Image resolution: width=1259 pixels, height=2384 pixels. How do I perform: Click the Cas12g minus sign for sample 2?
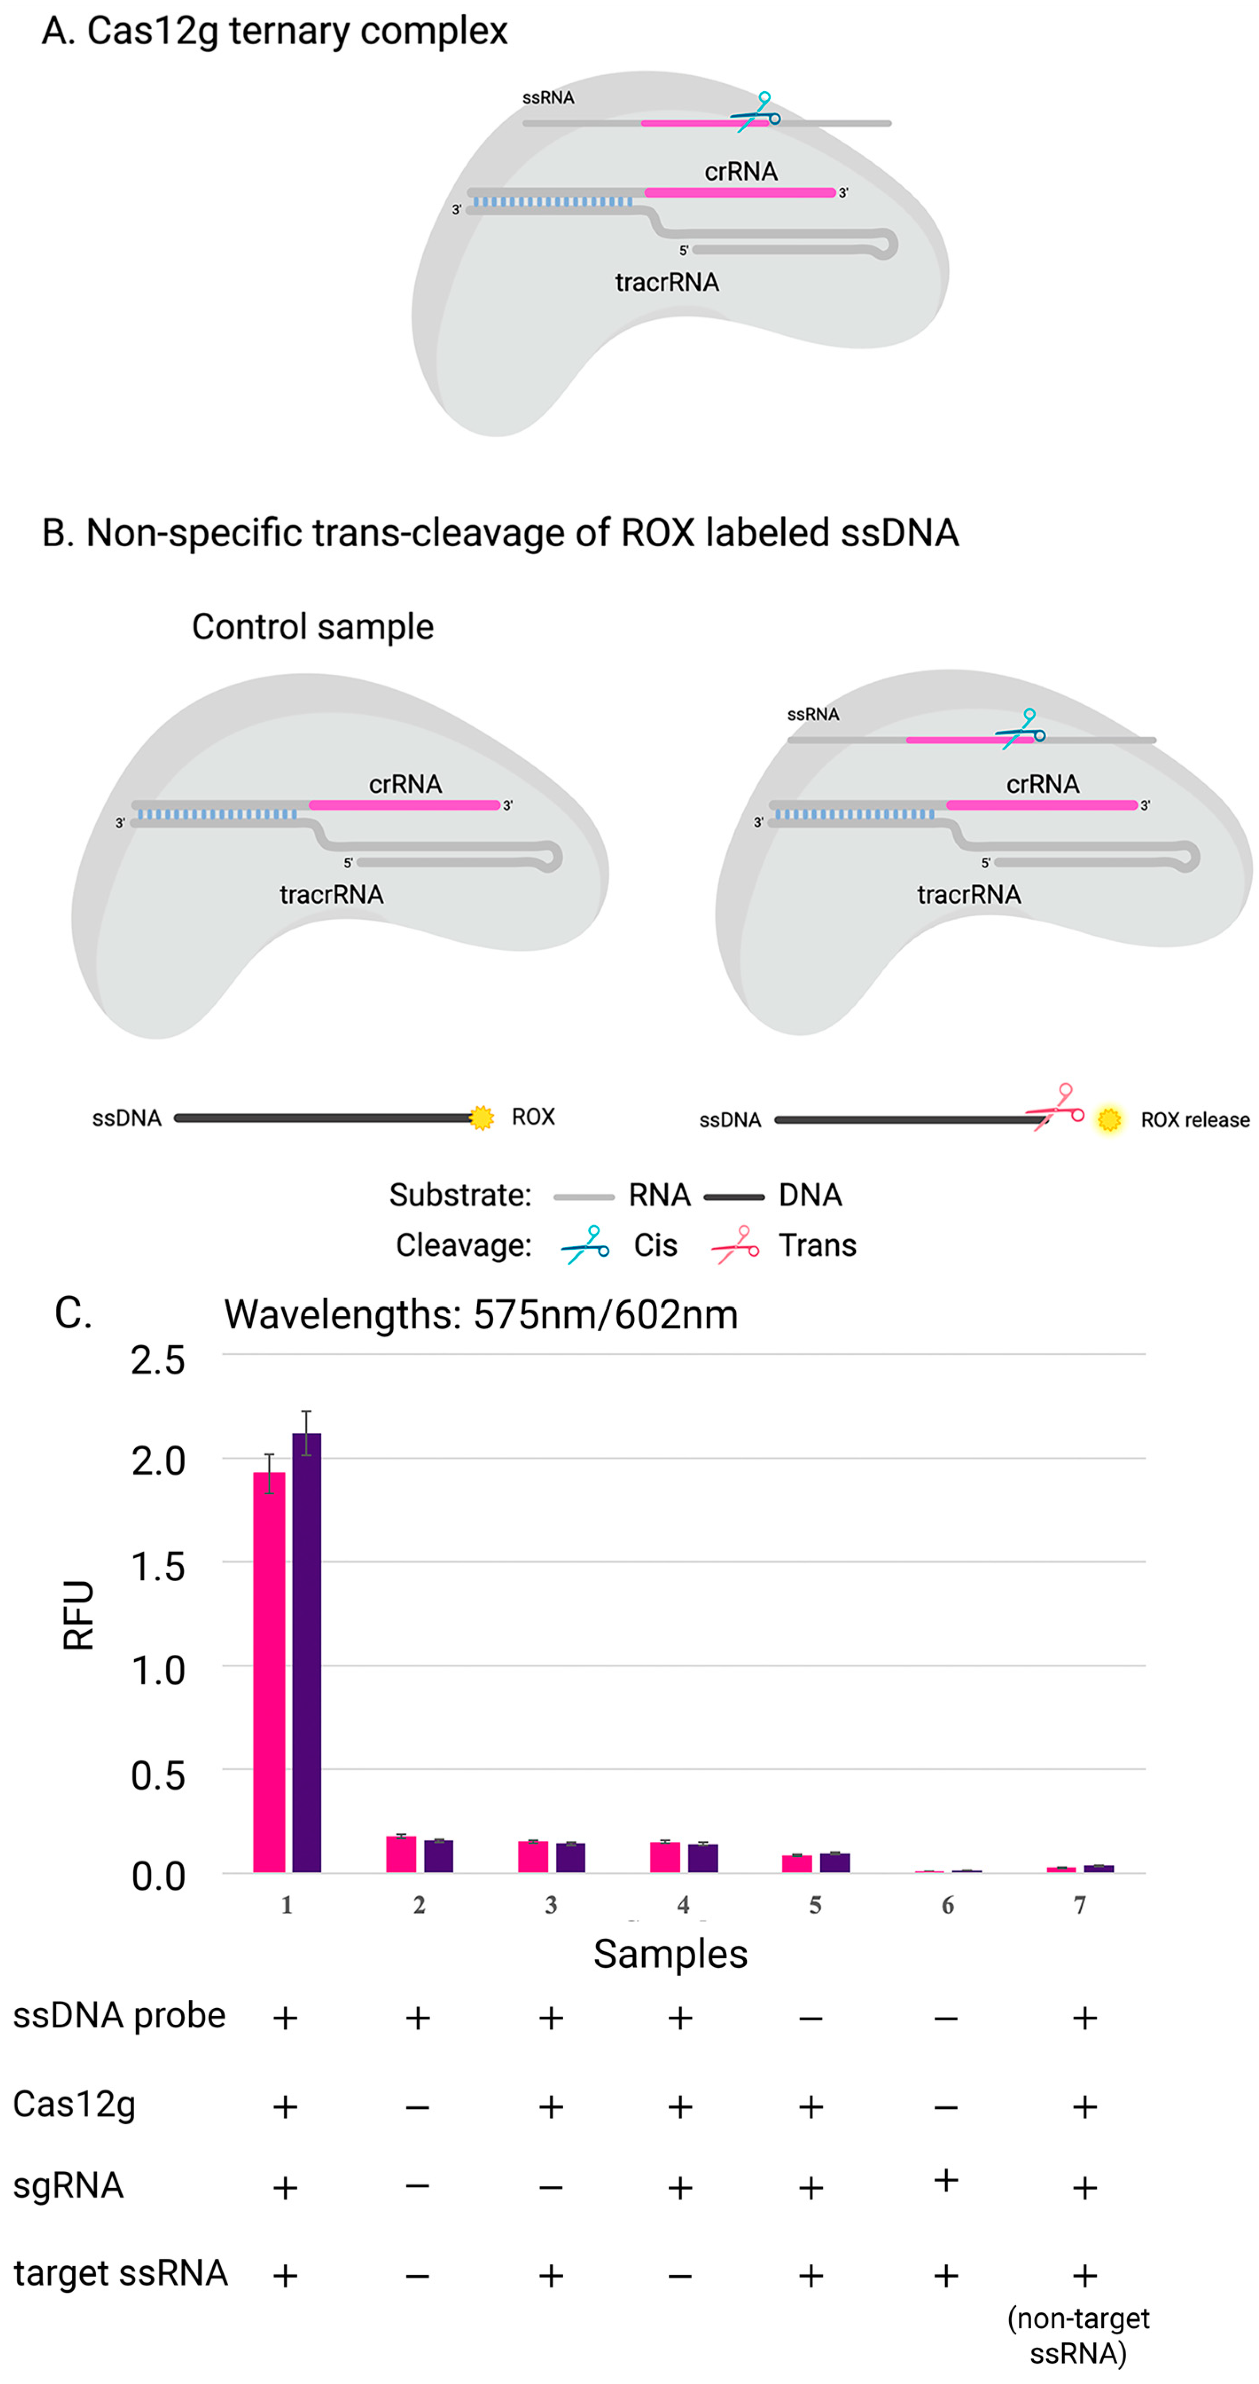417,2107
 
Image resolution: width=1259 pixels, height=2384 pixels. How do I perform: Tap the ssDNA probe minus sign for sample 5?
811,2018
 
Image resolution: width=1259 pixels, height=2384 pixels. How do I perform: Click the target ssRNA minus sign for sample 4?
680,2276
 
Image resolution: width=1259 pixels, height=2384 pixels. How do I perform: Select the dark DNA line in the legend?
734,1197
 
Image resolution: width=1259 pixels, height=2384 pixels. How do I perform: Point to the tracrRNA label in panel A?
667,282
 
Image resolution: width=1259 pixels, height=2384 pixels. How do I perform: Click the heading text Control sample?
312,626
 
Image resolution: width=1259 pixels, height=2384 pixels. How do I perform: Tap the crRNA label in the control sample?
405,784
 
